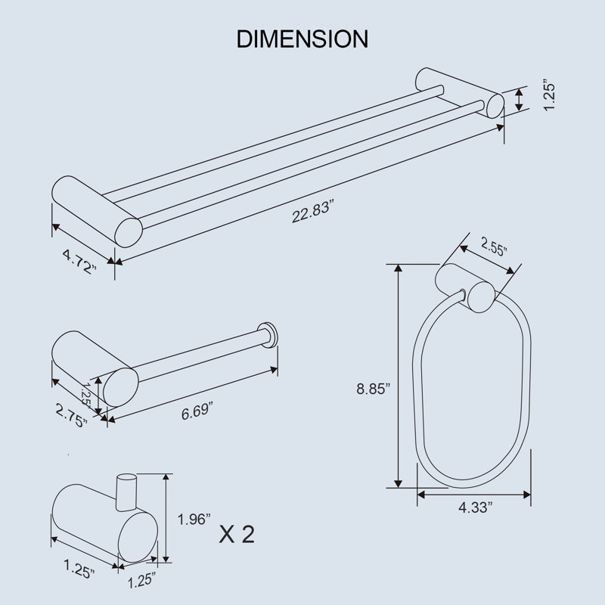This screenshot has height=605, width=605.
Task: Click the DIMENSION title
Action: [302, 39]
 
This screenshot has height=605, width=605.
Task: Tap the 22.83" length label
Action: [312, 212]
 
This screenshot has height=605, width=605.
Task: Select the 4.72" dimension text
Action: [79, 262]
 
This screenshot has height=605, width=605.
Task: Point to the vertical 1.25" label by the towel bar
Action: [549, 95]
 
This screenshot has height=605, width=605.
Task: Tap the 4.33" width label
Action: [476, 507]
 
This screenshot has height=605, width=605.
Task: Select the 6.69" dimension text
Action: [197, 411]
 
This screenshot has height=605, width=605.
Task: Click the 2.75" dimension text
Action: [71, 415]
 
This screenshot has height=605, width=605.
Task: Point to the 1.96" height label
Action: [194, 519]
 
